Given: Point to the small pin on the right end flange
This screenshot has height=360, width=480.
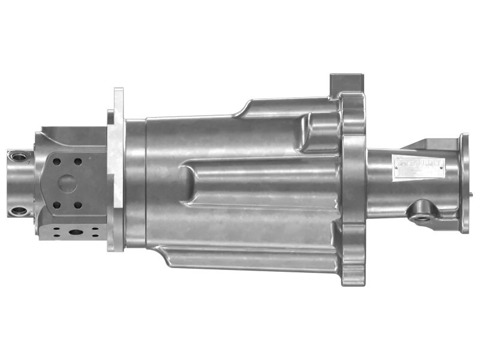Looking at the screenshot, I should (x=474, y=194).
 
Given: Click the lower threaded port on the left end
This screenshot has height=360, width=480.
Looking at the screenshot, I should (x=18, y=211).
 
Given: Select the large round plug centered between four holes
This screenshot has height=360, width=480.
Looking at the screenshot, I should (x=67, y=182).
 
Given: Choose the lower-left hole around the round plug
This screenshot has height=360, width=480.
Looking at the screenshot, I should (x=56, y=205).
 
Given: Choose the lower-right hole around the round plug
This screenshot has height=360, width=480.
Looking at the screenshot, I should (x=77, y=205).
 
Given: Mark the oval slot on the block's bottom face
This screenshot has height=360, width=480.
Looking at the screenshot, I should (x=77, y=231).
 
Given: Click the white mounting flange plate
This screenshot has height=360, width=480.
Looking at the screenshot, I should (x=116, y=168).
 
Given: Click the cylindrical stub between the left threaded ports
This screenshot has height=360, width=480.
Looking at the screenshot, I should (x=18, y=184).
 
